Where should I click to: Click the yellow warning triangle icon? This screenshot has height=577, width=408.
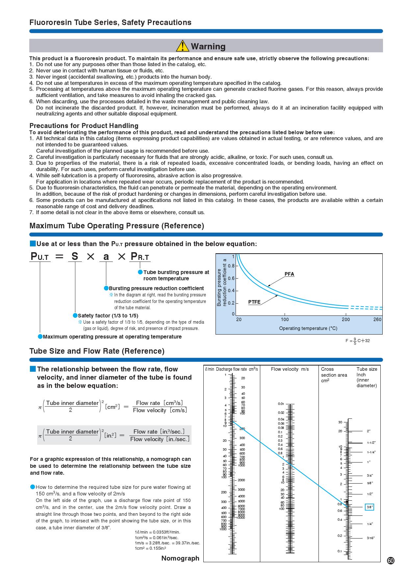click(182, 46)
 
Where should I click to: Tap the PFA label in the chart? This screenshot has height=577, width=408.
click(289, 274)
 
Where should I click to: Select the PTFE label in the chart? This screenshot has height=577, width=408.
click(254, 302)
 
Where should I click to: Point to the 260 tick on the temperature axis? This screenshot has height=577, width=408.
click(377, 319)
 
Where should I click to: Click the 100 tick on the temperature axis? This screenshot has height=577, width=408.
click(285, 319)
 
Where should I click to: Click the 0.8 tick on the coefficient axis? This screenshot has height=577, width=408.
click(232, 266)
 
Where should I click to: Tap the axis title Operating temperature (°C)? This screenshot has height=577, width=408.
click(308, 328)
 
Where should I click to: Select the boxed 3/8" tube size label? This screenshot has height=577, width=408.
click(370, 507)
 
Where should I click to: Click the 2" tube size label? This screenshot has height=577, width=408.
click(369, 431)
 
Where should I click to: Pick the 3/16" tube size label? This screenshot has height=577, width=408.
click(371, 538)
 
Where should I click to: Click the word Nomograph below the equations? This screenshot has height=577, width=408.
click(180, 558)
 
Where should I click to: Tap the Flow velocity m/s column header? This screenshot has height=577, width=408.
click(290, 369)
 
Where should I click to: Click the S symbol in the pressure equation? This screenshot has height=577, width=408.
click(75, 256)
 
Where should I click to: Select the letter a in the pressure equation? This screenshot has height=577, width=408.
click(106, 257)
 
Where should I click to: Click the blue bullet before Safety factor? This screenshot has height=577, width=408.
click(75, 315)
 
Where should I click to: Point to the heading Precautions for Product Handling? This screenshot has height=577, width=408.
click(84, 126)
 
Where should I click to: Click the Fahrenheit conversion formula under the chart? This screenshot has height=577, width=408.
click(357, 341)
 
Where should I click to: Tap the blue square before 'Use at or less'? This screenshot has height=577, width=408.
click(32, 244)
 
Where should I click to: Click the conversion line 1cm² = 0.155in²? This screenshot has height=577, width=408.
click(150, 548)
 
